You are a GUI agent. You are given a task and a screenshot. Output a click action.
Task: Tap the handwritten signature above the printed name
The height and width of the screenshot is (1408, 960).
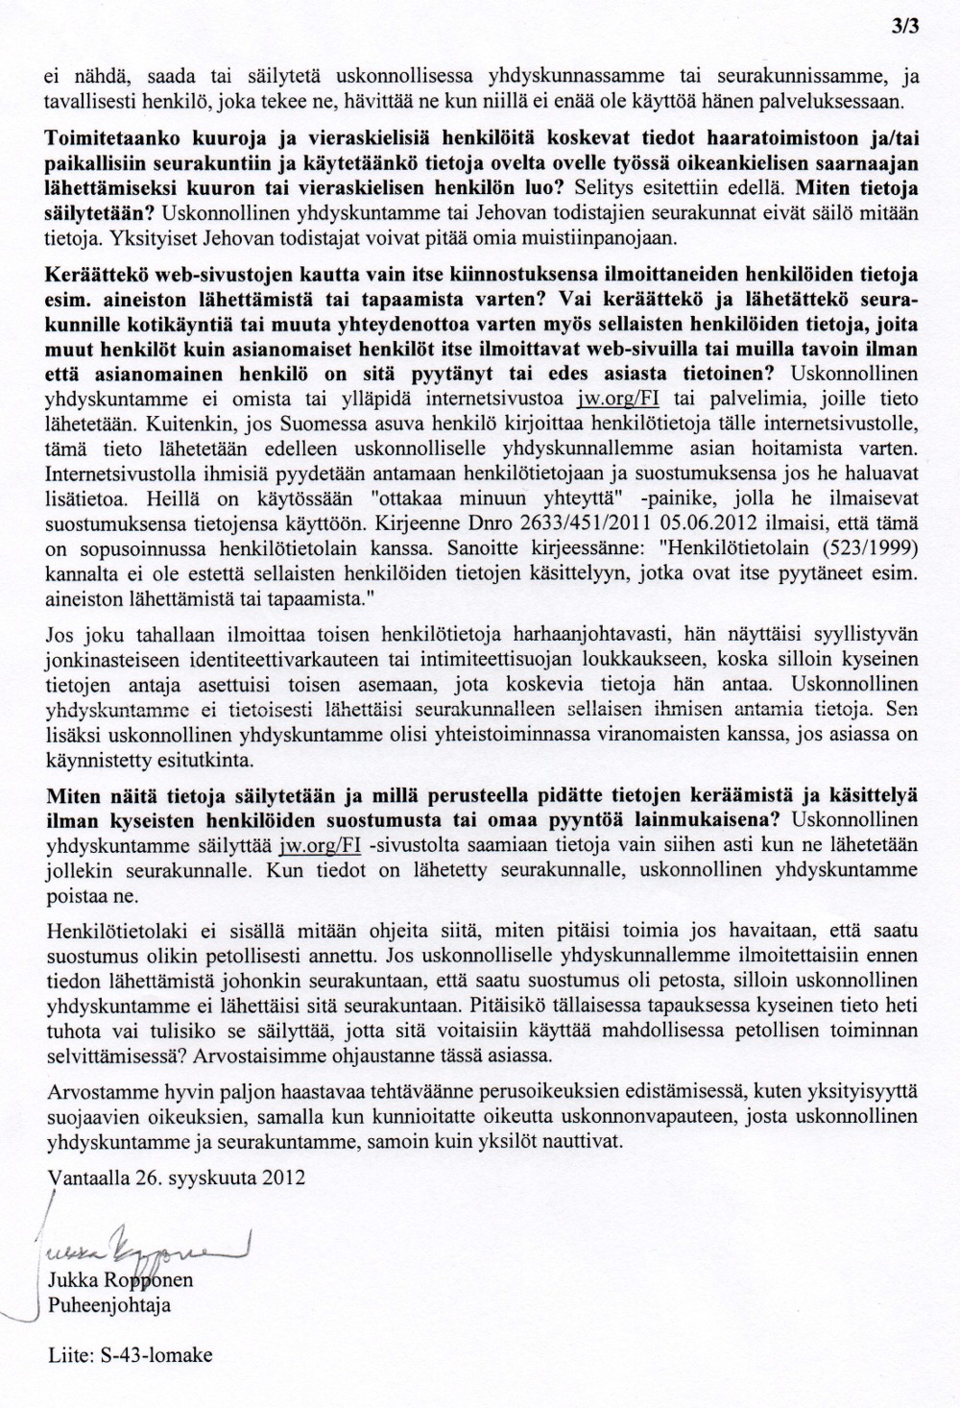click(x=144, y=1249)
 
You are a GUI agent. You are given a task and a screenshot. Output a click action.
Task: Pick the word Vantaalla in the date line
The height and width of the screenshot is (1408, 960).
click(x=84, y=1178)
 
